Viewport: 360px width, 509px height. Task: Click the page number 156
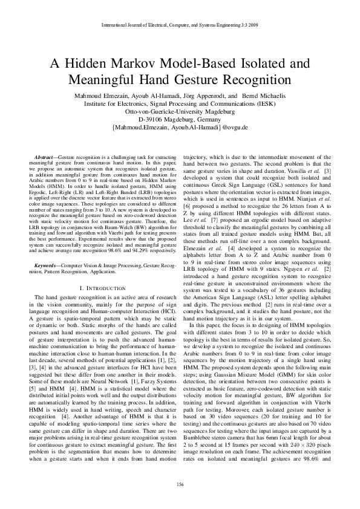(180, 484)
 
